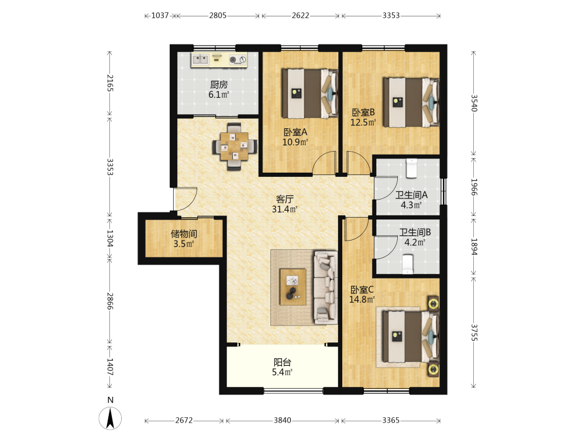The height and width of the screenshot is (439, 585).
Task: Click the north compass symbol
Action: point(110,418)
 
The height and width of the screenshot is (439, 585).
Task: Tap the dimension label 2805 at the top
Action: point(218,15)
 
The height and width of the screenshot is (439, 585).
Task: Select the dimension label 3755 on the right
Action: point(474,332)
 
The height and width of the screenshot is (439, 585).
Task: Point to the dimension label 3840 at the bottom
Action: point(283,420)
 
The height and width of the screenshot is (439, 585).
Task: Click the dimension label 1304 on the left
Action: point(110,238)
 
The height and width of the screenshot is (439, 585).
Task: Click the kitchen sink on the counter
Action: point(200,59)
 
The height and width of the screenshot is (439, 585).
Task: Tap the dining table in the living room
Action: point(235,146)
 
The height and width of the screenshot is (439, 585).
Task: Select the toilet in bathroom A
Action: point(411,169)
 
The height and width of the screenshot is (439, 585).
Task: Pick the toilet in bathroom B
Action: point(407,265)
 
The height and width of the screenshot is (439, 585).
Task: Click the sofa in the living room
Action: point(326,287)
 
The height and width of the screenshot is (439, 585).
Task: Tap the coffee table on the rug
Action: point(293,287)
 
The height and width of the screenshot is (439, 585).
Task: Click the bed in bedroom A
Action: point(310,93)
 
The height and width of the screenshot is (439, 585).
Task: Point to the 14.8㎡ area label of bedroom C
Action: point(362,299)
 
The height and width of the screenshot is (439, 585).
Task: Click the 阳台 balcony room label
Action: point(283,362)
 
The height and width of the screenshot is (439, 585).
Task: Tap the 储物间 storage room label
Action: point(184,234)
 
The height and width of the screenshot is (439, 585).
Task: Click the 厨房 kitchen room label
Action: point(219,85)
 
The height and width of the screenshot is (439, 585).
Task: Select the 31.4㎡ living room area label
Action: point(285,210)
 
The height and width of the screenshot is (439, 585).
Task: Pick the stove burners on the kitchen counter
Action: point(238,59)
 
